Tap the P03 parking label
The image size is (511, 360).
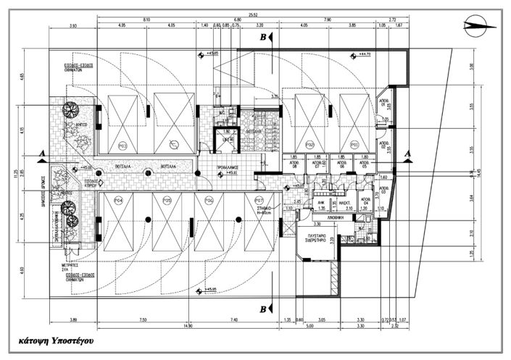click(x=122, y=145)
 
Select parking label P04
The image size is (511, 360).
click(x=117, y=199)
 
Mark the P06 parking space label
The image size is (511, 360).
click(x=209, y=199)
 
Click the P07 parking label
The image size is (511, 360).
click(x=256, y=199)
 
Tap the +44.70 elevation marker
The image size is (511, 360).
click(x=360, y=53)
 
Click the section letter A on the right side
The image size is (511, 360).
click(x=407, y=153)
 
